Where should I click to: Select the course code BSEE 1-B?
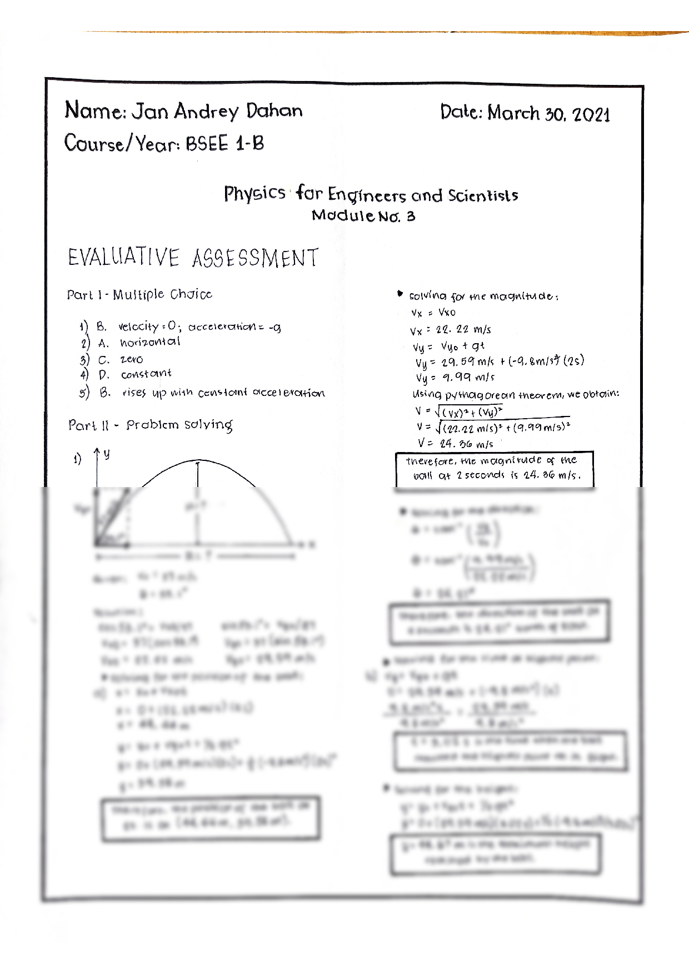225,144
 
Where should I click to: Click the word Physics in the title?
254,194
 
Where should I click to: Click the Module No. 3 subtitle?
363,216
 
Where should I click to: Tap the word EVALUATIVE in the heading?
123,258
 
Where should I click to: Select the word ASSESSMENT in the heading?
256,259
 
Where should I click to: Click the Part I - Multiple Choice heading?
139,294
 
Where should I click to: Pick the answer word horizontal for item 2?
150,342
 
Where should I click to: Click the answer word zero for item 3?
132,359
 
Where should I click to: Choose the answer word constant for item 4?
146,374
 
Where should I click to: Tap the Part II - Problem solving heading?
150,425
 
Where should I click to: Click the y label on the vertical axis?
107,454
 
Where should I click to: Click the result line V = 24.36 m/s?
455,444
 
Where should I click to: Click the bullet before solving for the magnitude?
399,294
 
